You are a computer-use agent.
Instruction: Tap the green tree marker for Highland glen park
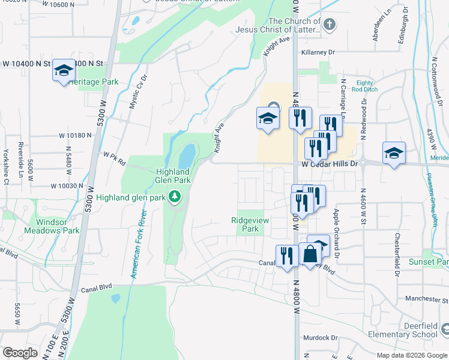pos(175,196)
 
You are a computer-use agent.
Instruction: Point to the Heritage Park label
pos(92,82)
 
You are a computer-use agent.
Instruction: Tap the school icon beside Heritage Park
pos(63,71)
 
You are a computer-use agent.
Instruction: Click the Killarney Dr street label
pos(318,53)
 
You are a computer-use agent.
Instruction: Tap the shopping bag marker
pos(310,254)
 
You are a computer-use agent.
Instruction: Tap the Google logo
pos(20,353)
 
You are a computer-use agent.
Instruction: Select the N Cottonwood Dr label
pos(433,83)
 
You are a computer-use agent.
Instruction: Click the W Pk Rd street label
pos(114,158)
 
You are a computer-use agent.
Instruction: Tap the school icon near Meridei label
pos(394,153)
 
